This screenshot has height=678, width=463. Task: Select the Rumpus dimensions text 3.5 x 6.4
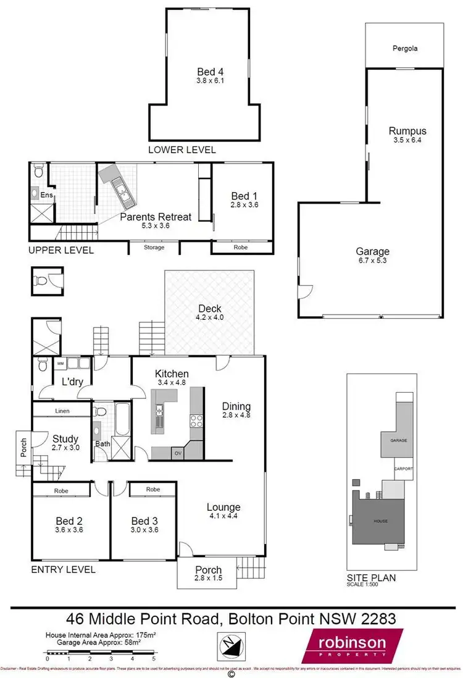407,141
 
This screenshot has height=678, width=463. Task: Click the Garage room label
372,251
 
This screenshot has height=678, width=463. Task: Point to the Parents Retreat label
156,217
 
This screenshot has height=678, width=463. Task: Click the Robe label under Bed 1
241,247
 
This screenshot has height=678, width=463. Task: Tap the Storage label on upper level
154,248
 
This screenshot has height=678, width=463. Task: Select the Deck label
210,309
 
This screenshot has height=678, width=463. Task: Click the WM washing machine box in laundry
60,363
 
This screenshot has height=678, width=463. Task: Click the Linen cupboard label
61,411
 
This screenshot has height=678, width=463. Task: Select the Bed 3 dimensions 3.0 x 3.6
144,530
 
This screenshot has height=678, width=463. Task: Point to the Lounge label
223,508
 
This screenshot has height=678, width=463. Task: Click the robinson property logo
352,646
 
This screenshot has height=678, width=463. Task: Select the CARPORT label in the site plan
404,469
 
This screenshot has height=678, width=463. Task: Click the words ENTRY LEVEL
63,569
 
